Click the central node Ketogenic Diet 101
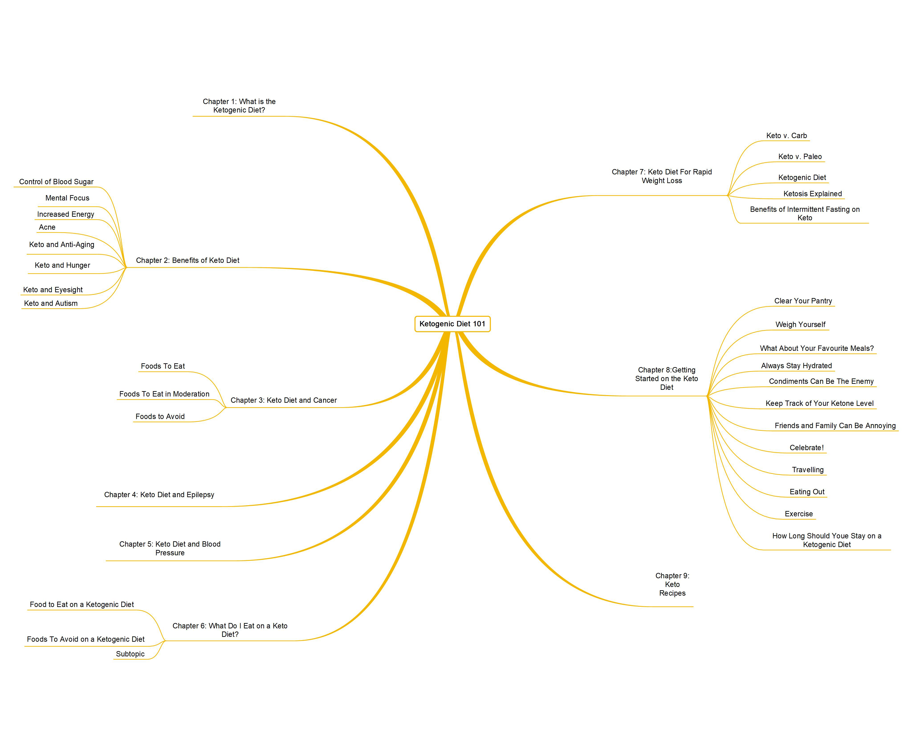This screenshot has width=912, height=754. pos(452,324)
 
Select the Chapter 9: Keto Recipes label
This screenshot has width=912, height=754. pos(672,584)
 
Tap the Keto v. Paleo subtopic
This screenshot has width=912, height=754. pos(800,156)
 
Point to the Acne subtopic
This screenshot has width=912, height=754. pos(47,227)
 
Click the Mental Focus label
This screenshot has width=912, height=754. pos(67,198)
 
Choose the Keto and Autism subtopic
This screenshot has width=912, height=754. pos(51,303)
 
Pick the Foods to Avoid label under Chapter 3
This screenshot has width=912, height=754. pos(160,417)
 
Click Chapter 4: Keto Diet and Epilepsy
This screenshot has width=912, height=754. pos(159,495)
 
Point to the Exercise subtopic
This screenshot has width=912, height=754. pos(798,514)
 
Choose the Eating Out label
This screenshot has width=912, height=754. pos(806,492)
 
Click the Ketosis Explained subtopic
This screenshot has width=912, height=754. pos(812,194)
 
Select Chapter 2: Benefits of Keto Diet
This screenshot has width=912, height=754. pos(187,260)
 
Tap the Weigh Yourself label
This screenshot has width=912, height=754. pos(800,325)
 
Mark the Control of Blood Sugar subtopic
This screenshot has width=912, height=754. pos(56,182)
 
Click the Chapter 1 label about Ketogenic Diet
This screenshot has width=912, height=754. pos(239,106)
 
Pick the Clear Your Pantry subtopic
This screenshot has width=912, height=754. pos(803,301)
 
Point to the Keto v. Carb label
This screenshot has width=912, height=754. pos(786,135)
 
